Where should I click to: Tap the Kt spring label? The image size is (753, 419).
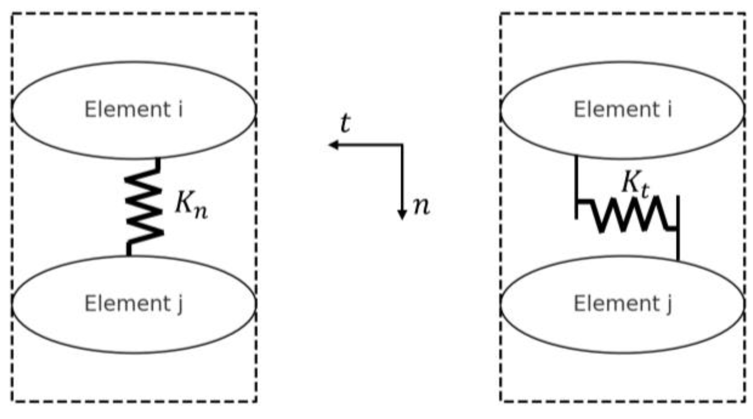tap(635, 184)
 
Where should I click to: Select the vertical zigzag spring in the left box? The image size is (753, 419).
tap(144, 206)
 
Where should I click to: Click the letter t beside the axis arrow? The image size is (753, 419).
tap(345, 123)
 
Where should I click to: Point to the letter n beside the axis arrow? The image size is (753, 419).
tap(421, 206)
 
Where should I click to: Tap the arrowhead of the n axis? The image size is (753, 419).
tap(402, 215)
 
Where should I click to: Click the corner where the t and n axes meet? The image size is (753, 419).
tap(402, 145)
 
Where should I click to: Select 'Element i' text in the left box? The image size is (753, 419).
tap(133, 109)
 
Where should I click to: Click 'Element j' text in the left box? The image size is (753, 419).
tap(133, 303)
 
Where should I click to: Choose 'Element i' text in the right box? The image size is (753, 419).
tap(623, 109)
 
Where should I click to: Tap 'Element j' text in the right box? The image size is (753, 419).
tap(623, 303)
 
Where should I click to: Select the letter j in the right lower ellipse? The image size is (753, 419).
tap(669, 304)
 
